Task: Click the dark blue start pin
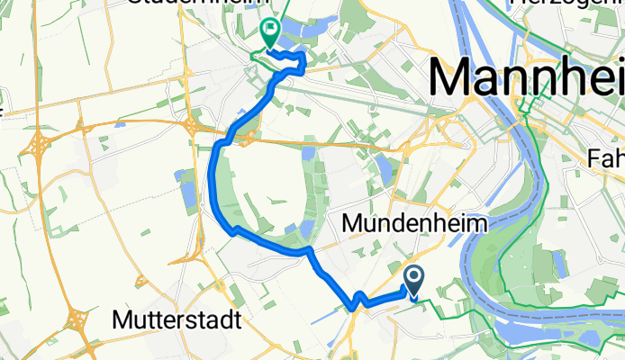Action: [x=415, y=281]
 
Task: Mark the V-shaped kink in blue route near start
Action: [x=358, y=296]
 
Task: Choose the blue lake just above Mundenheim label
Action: [x=384, y=169]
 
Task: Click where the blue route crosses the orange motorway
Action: [x=231, y=140]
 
